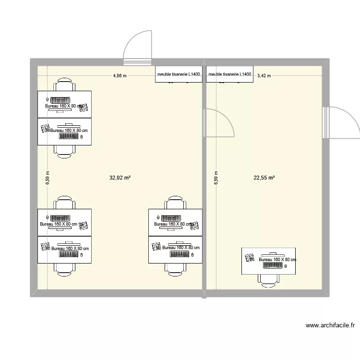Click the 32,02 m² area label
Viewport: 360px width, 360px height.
tap(120, 178)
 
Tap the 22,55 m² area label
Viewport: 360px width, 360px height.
tap(264, 178)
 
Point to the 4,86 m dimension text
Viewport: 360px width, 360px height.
tap(120, 76)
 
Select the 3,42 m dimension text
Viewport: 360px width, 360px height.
tap(264, 76)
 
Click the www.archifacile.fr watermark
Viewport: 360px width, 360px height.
tap(330, 325)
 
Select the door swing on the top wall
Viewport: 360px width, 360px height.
tap(138, 48)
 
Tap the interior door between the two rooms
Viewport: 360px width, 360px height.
tap(218, 123)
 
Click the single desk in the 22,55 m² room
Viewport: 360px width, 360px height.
tap(268, 261)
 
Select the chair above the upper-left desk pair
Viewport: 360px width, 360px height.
tap(64, 84)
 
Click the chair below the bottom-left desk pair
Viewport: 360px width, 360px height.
tap(64, 269)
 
